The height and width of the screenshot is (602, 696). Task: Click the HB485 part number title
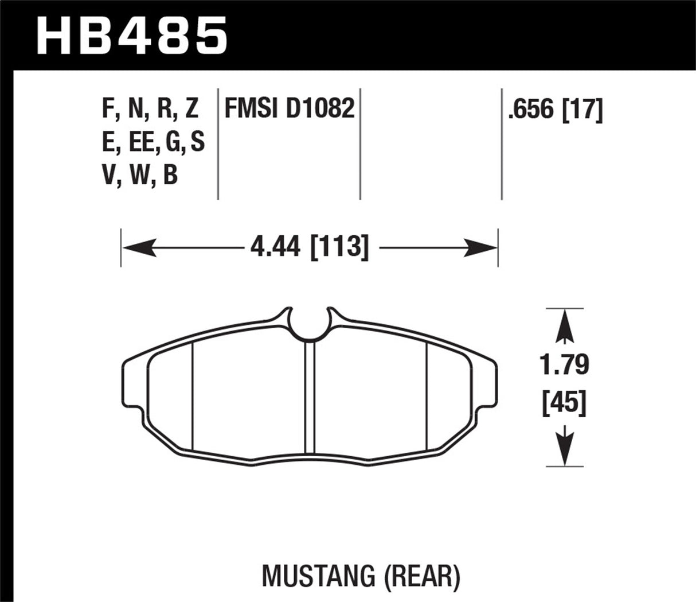click(x=132, y=36)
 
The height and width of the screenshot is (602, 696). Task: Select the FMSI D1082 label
click(x=289, y=108)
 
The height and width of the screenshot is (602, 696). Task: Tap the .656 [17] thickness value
click(x=555, y=109)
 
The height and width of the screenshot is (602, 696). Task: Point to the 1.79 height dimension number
click(x=565, y=364)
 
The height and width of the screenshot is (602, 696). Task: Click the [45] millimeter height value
click(x=565, y=403)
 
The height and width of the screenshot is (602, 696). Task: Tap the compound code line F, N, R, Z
click(x=150, y=108)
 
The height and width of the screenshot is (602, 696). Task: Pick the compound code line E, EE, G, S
click(x=153, y=142)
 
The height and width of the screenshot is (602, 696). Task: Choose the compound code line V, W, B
click(x=140, y=175)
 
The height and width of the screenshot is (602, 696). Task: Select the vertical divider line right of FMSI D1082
click(x=360, y=143)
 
